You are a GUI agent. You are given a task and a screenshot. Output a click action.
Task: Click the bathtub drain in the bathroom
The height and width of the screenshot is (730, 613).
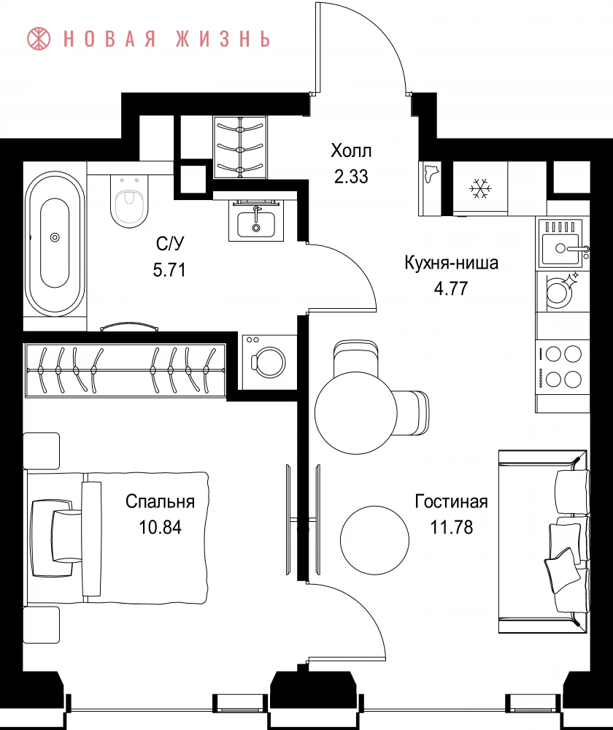(55, 237)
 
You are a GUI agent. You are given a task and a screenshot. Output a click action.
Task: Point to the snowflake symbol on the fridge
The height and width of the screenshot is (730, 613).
(480, 188)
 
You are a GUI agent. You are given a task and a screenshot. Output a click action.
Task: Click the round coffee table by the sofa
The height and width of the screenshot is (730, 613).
(374, 540)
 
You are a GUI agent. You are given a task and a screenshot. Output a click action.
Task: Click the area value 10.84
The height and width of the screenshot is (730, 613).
(160, 528)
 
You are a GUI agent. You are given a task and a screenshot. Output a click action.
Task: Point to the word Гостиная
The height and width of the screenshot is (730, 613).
(451, 502)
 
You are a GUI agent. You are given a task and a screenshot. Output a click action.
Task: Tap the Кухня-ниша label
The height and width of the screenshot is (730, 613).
(452, 263)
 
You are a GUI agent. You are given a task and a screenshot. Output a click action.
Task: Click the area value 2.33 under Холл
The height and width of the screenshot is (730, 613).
(351, 177)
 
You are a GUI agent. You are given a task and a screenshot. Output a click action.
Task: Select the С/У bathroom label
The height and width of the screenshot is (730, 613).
(170, 243)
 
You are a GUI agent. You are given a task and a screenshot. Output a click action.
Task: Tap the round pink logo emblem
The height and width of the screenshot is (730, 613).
(39, 39)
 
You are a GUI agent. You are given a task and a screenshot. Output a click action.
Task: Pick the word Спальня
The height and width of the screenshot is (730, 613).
(160, 502)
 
